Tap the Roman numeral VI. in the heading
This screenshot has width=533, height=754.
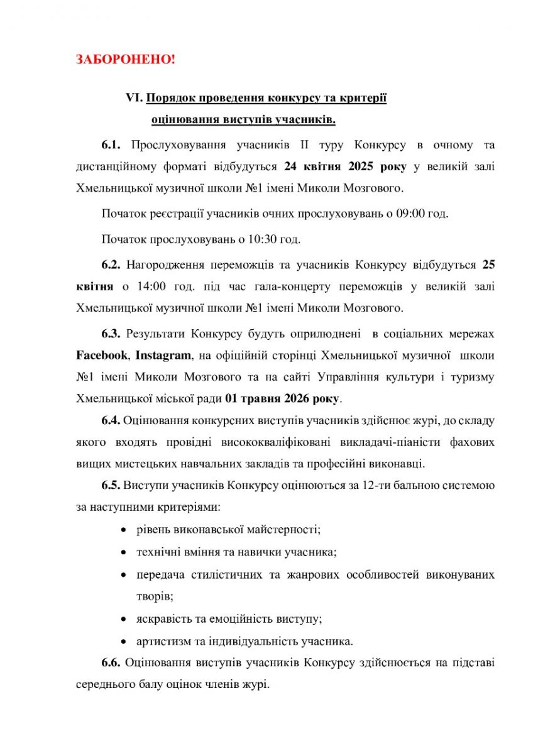pos(135,99)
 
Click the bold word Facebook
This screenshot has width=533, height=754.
pos(101,355)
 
